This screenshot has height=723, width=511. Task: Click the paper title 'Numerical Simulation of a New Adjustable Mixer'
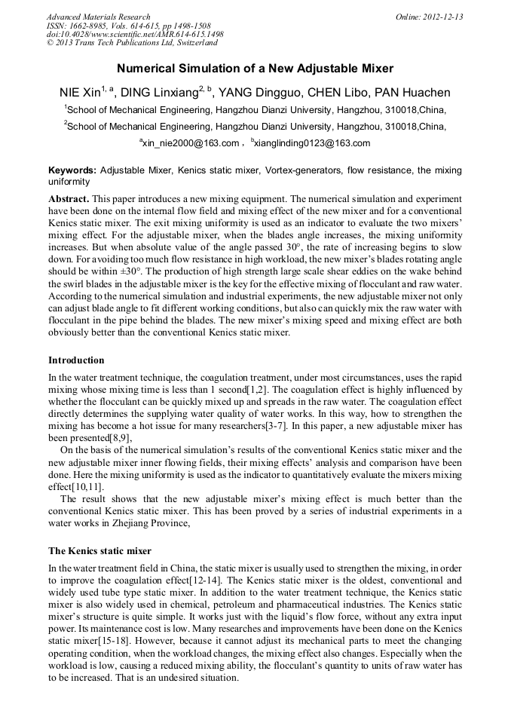click(255, 69)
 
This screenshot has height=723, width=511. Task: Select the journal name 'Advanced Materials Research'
click(99, 17)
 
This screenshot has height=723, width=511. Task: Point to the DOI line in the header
click(135, 35)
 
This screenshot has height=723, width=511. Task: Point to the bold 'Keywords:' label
click(72, 170)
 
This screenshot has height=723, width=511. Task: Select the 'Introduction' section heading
click(76, 360)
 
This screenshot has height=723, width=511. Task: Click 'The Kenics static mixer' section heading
click(99, 551)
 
